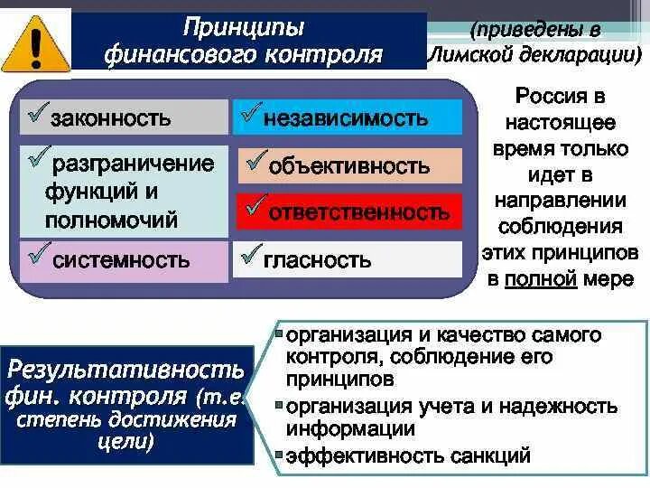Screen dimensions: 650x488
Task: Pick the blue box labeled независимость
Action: point(348,117)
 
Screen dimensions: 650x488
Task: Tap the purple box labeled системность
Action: point(125,260)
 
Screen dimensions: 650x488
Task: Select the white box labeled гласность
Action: point(348,260)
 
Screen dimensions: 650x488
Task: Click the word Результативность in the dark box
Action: point(125,370)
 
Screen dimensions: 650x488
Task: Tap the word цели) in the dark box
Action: point(125,443)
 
